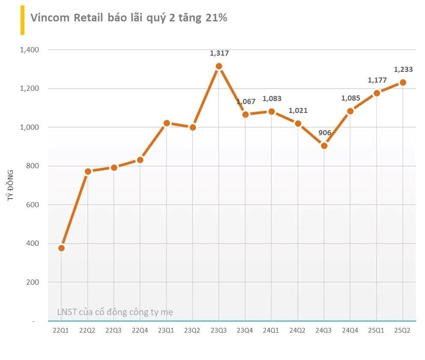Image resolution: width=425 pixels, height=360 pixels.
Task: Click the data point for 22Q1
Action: [62, 248]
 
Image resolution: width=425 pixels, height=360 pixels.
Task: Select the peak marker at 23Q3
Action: [219, 66]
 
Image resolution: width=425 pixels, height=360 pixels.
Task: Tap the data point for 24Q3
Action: [324, 146]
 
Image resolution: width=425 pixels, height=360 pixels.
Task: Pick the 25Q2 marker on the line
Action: [403, 82]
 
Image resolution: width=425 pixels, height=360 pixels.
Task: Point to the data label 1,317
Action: [219, 54]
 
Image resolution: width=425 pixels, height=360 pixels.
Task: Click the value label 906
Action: [325, 133]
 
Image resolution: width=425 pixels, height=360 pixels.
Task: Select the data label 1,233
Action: [403, 69]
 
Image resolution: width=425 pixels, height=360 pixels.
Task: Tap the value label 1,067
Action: [246, 102]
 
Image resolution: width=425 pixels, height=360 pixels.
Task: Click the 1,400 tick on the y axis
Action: [29, 50]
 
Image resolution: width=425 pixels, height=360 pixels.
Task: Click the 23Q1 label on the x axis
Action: [166, 330]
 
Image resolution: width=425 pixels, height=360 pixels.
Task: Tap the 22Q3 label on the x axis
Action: [114, 330]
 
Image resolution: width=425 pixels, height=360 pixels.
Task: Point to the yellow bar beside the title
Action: [22, 20]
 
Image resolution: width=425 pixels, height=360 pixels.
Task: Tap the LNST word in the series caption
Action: [66, 312]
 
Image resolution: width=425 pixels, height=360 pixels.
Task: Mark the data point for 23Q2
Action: [193, 127]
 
